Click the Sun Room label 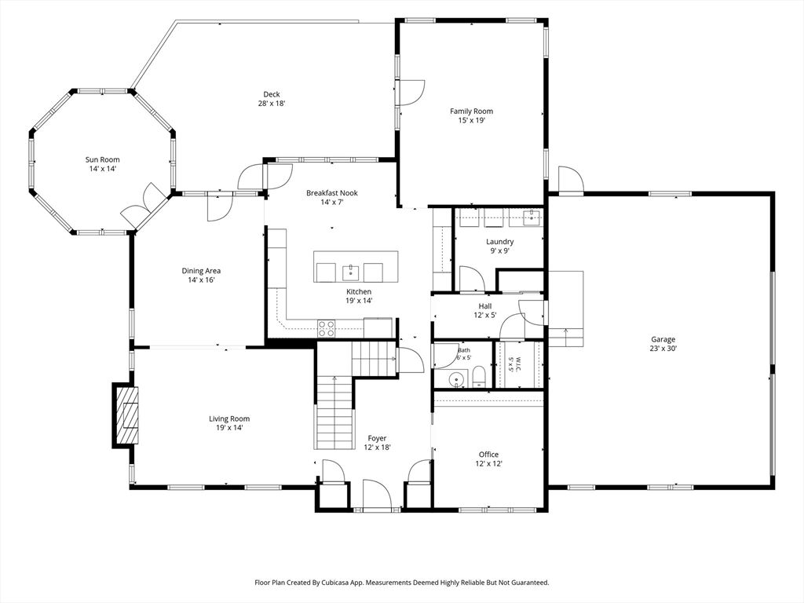[x=103, y=159]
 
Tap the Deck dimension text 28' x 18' [x=272, y=103]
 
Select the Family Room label [x=472, y=111]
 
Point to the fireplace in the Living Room [x=126, y=415]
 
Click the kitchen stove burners [x=326, y=328]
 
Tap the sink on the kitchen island [x=351, y=272]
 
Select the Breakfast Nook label [x=332, y=193]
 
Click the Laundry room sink [x=533, y=217]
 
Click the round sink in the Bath [x=456, y=380]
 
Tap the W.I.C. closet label [x=518, y=364]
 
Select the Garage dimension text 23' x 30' [x=663, y=348]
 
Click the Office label [x=488, y=455]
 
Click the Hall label [x=485, y=306]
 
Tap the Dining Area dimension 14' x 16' [x=201, y=280]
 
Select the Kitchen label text [x=359, y=292]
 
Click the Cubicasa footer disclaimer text [x=402, y=583]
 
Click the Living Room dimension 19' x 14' [x=229, y=428]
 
